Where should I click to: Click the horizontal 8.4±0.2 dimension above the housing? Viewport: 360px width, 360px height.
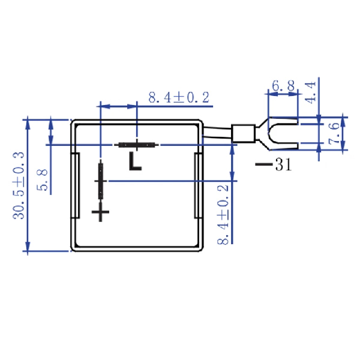[x=178, y=97]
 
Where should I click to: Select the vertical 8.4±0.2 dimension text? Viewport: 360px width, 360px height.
[x=223, y=214]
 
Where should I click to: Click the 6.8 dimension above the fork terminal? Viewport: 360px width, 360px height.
[x=283, y=86]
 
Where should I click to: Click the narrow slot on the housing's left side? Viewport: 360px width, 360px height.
[x=77, y=186]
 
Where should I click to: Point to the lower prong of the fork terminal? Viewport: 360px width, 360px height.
[x=282, y=146]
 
